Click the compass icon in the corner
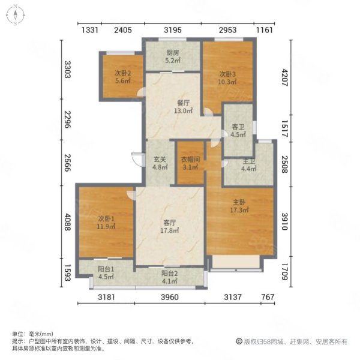tap(16, 15)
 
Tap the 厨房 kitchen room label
tap(173, 56)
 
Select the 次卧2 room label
tap(123, 77)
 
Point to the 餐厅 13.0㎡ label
tap(183, 107)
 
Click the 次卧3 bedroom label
tap(227, 78)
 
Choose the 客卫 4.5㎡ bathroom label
tap(238, 131)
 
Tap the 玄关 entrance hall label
tap(160, 163)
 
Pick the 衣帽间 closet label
tap(190, 163)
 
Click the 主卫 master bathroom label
tap(248, 165)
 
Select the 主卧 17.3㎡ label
tap(239, 206)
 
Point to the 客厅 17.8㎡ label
tap(170, 226)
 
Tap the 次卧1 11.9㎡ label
tap(106, 222)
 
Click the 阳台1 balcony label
tap(106, 273)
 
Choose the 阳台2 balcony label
tap(169, 277)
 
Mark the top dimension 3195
tap(173, 30)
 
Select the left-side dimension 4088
tap(67, 222)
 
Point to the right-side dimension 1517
tap(284, 128)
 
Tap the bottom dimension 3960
tap(170, 297)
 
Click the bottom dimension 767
tap(268, 297)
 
